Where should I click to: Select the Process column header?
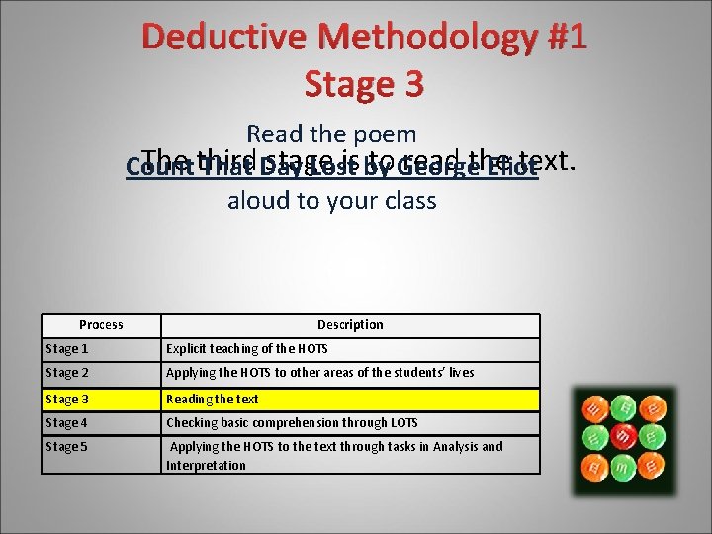pos(101,325)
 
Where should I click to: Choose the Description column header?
pos(350,325)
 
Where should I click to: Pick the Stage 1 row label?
pos(67,349)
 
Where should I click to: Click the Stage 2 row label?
pos(67,373)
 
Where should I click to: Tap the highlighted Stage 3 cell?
pos(67,399)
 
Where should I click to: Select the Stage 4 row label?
pos(67,423)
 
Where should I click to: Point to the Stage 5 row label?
pos(67,447)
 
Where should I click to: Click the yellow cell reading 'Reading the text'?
pos(213,399)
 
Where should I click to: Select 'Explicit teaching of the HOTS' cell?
pos(247,349)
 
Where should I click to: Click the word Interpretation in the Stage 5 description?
pos(206,466)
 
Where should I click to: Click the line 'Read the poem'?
pos(331,133)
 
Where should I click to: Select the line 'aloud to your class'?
pos(331,201)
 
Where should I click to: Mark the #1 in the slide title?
pos(567,38)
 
